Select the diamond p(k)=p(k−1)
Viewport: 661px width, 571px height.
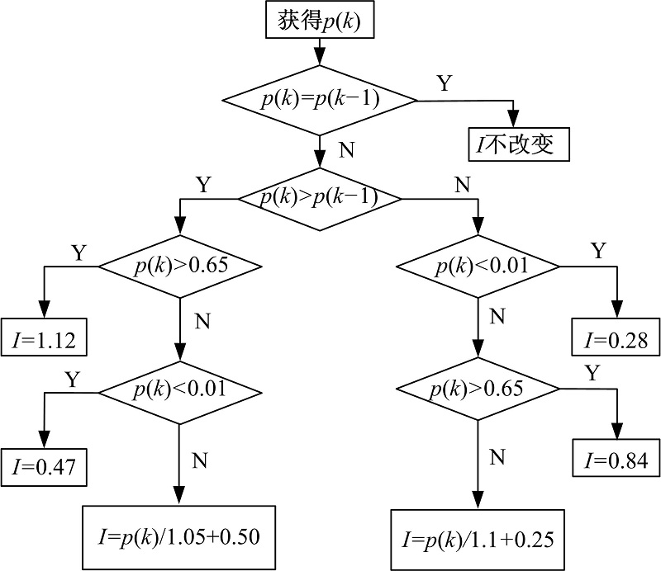[319, 100]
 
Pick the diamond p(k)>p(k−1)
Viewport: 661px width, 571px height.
[319, 198]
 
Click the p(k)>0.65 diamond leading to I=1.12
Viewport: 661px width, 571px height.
[180, 266]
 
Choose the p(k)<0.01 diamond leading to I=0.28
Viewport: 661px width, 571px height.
[478, 266]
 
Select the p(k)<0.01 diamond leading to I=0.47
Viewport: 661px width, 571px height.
[180, 388]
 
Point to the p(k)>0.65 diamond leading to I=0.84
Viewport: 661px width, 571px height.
[478, 388]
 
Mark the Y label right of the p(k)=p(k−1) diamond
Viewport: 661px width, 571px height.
[445, 83]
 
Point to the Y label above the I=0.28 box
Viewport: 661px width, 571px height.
[598, 251]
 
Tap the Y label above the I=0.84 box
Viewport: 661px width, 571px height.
[592, 372]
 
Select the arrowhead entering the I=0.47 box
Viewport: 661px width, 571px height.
[43, 442]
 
